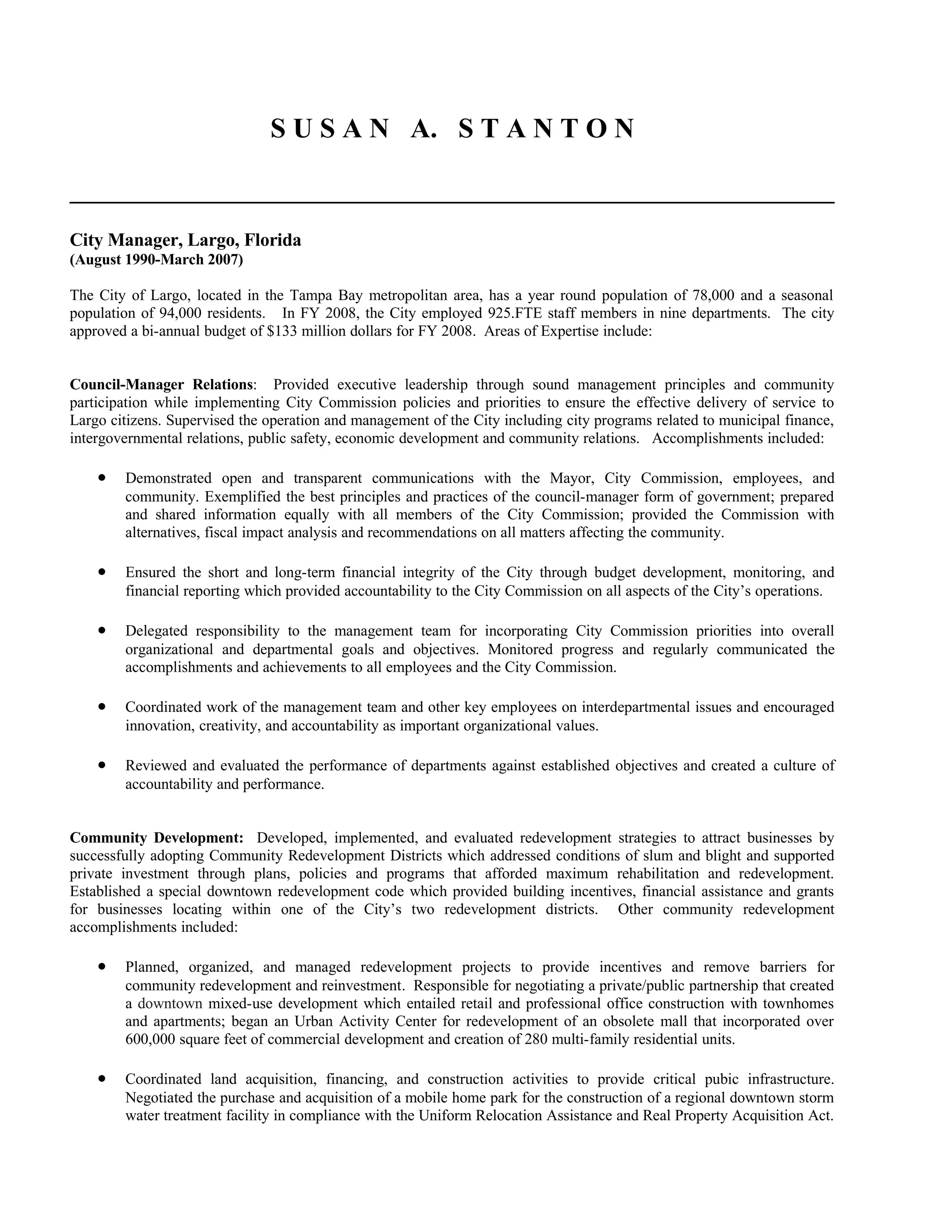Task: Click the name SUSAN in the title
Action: pos(329,129)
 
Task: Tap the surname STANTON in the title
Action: pos(547,129)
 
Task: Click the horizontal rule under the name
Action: pos(452,202)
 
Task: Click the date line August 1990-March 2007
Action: pos(157,260)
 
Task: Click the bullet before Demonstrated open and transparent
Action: pos(102,478)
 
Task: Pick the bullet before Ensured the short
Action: pos(102,572)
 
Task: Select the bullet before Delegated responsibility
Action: pos(102,631)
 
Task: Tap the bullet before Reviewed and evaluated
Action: pos(102,765)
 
